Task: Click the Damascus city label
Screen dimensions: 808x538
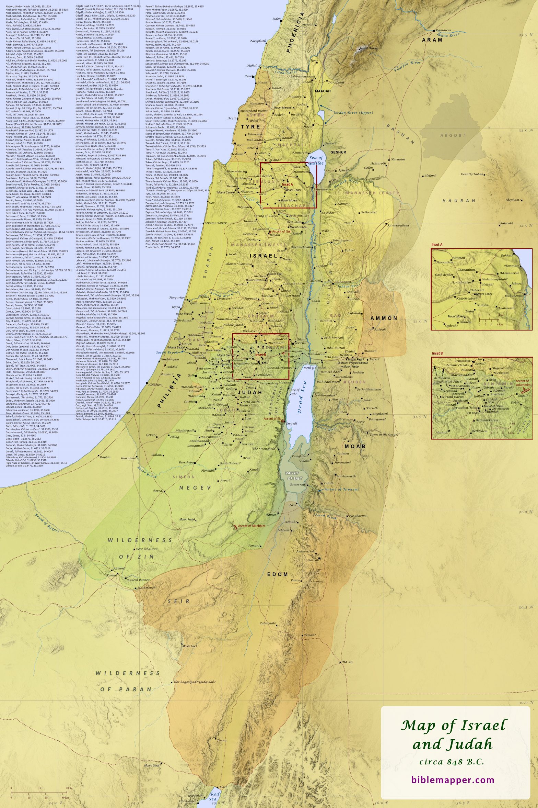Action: pos(443,30)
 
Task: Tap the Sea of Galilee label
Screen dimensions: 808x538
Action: pos(316,160)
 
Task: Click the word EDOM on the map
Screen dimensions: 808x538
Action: pos(278,574)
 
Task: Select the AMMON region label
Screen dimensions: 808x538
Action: pos(384,318)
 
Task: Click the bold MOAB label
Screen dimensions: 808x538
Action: pos(355,446)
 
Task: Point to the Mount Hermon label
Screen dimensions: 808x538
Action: pos(369,48)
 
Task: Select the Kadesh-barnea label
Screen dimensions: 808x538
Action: pos(138,580)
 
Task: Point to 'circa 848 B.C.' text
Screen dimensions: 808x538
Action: pos(452,762)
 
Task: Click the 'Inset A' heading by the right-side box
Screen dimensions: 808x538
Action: pos(437,245)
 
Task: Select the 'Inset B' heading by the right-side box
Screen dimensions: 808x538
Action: pos(437,353)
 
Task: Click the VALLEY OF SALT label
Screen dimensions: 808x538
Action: pos(292,476)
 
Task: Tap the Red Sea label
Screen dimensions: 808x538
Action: pos(214,796)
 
